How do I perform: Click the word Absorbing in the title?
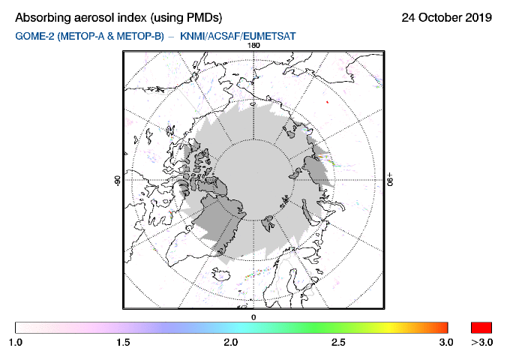coord(46,17)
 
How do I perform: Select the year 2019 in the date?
coord(475,17)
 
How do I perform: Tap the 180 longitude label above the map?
coord(253,45)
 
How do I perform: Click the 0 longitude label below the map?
coord(253,317)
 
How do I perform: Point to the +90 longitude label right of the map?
coord(390,181)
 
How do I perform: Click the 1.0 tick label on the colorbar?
coord(16,342)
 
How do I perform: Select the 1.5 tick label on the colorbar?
coord(123,342)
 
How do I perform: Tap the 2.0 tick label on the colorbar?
coord(231,342)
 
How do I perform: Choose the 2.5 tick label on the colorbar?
coord(338,342)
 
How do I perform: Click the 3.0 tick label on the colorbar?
coord(446,342)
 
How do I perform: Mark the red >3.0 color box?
coord(481,327)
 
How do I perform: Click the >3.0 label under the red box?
coord(481,342)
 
